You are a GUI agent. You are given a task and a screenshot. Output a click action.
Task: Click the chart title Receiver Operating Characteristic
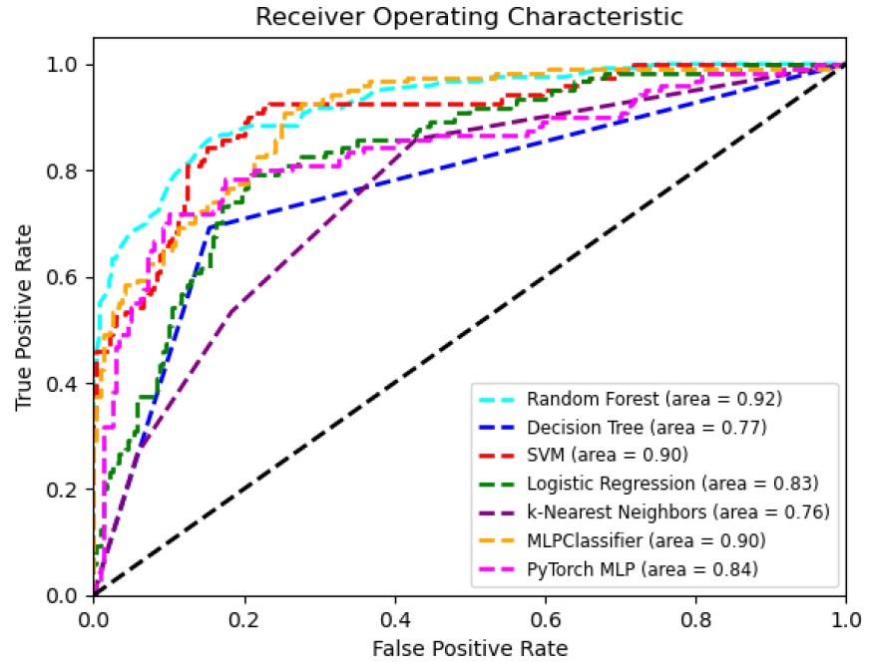click(x=469, y=17)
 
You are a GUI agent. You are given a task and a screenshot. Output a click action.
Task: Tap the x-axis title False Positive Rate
click(x=470, y=649)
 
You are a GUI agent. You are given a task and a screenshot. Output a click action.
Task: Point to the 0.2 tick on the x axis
click(x=244, y=618)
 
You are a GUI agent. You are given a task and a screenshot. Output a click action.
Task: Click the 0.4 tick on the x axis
click(x=395, y=618)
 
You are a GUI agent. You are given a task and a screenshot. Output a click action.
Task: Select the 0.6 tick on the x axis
click(x=546, y=618)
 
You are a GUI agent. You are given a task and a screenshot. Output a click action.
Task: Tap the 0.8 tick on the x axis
click(x=695, y=618)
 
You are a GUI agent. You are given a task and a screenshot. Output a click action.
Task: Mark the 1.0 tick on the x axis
click(x=846, y=618)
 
